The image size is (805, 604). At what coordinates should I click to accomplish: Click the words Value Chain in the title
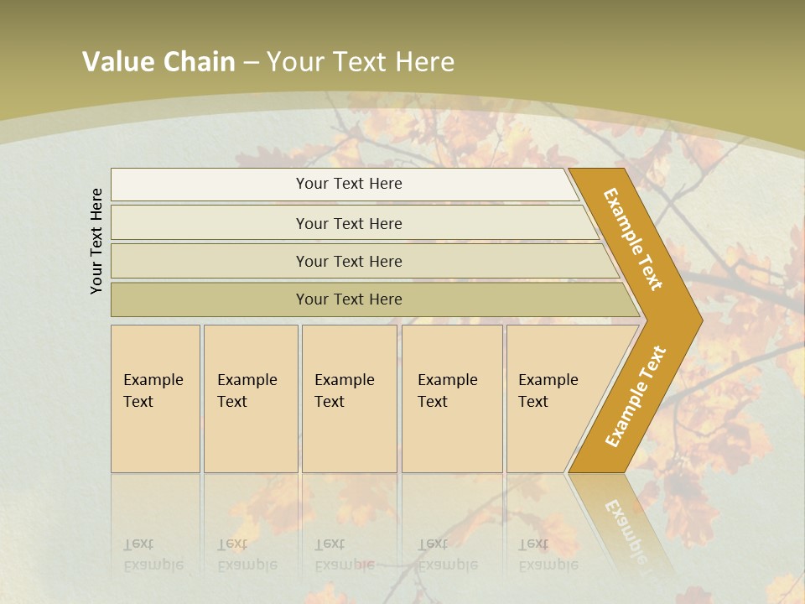pos(158,62)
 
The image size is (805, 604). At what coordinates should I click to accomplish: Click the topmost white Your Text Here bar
pos(349,184)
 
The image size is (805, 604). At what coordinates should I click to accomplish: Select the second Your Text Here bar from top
pos(349,223)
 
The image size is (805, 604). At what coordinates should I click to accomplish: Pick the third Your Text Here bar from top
pos(349,261)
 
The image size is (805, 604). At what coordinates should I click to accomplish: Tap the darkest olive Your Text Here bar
pos(349,299)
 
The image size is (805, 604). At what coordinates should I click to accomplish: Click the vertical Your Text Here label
pos(97,241)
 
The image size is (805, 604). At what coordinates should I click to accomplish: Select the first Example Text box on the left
pos(155,398)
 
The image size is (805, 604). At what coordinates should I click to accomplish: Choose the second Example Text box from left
pos(250,398)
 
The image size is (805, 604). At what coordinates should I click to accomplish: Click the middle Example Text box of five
pos(348,398)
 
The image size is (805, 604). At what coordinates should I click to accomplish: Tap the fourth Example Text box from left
pos(451,398)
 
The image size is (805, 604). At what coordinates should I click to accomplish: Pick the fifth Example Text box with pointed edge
pos(553,398)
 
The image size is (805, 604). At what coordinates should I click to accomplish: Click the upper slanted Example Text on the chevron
pos(633,239)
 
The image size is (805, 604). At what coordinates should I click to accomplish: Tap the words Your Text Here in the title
pos(361,62)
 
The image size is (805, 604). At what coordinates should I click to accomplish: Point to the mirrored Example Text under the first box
pos(153,555)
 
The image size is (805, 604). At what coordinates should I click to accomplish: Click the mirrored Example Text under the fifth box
pos(548,555)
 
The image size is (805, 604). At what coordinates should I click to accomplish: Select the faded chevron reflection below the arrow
pos(625,524)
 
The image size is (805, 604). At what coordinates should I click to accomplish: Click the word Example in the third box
pos(344,380)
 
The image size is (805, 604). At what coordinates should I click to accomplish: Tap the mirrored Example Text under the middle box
pos(344,555)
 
